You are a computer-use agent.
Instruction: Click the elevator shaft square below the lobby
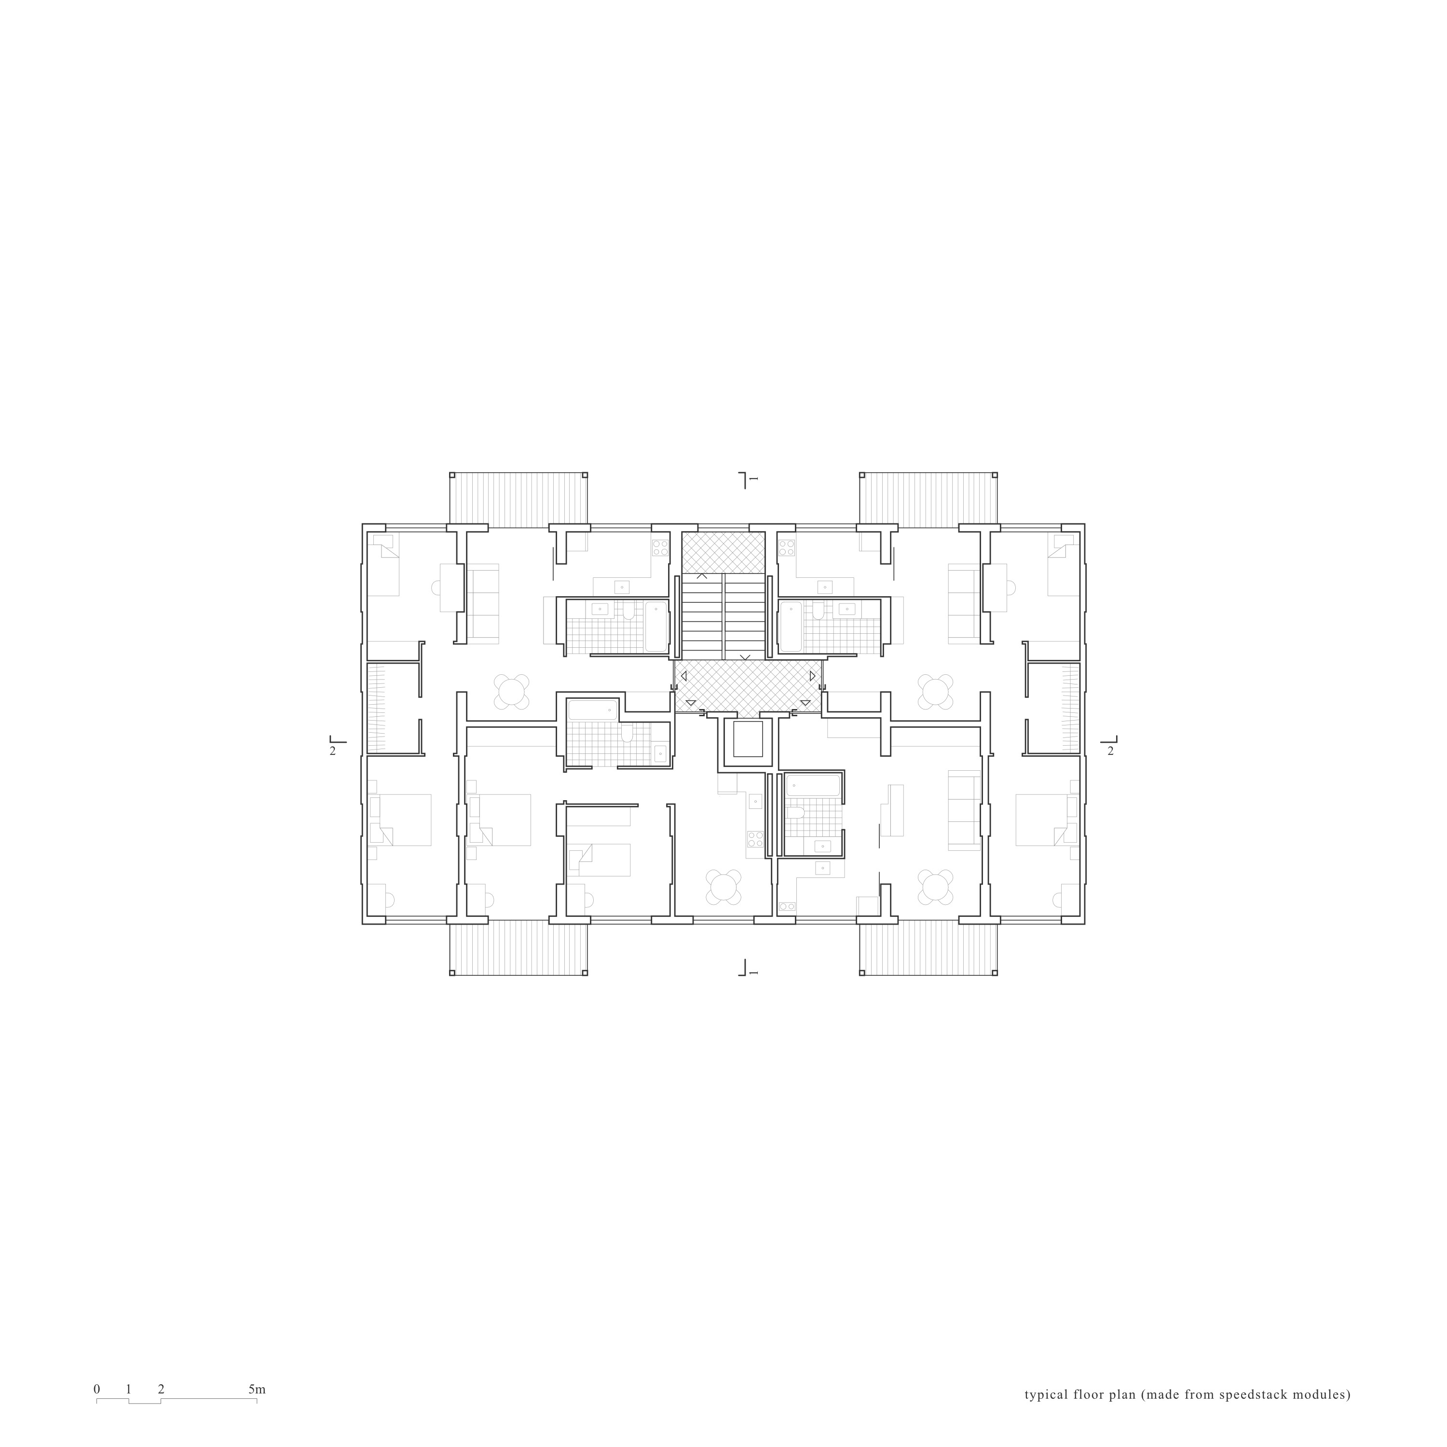(748, 739)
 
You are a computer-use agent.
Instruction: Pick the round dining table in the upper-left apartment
(512, 691)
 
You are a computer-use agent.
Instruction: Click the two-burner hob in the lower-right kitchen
(787, 907)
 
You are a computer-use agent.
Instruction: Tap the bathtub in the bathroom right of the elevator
(813, 786)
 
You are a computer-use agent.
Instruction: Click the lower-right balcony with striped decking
(928, 948)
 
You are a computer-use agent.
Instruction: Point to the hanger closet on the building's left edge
(377, 708)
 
